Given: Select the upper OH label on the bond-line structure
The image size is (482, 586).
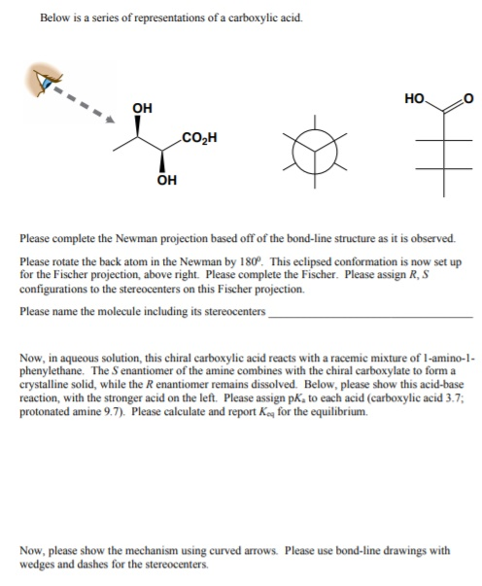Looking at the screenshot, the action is [142, 108].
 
